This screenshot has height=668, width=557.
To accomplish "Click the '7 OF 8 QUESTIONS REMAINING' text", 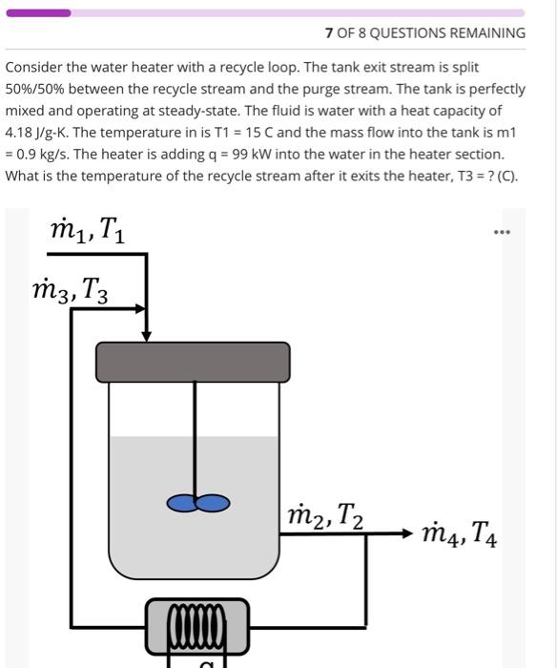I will pos(424,32).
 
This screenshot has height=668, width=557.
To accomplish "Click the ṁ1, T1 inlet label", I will pos(85,230).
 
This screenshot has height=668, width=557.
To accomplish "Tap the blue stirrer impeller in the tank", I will pos(198,503).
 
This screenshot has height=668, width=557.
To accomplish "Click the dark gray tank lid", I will pos(193,361).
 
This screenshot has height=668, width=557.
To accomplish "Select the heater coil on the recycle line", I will pos(197,626).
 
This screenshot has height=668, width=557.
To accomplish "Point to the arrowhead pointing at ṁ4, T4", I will pos(409,533).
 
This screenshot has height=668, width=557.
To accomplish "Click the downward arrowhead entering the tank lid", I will pos(146,335).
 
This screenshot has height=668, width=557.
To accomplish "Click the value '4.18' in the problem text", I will pos(21,133).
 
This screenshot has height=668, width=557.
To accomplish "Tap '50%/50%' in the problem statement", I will pos(39,89).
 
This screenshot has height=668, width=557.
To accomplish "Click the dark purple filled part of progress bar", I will pos(38,12).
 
